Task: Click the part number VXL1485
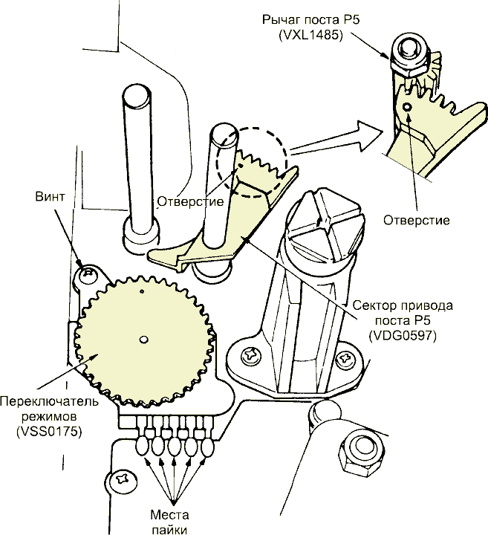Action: (x=310, y=35)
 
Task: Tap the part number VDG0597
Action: (x=403, y=336)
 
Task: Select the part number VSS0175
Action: (x=49, y=432)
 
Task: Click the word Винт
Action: (x=50, y=197)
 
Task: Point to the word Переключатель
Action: (x=50, y=401)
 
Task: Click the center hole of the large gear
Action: (x=144, y=339)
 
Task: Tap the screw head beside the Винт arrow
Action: (x=87, y=273)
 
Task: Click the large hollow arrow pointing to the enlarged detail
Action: (x=335, y=138)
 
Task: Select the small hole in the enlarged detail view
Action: (x=406, y=107)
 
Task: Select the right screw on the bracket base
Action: (x=345, y=359)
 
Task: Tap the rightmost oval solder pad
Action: (x=208, y=446)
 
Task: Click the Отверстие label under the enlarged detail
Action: (x=417, y=220)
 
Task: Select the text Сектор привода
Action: (x=403, y=305)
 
